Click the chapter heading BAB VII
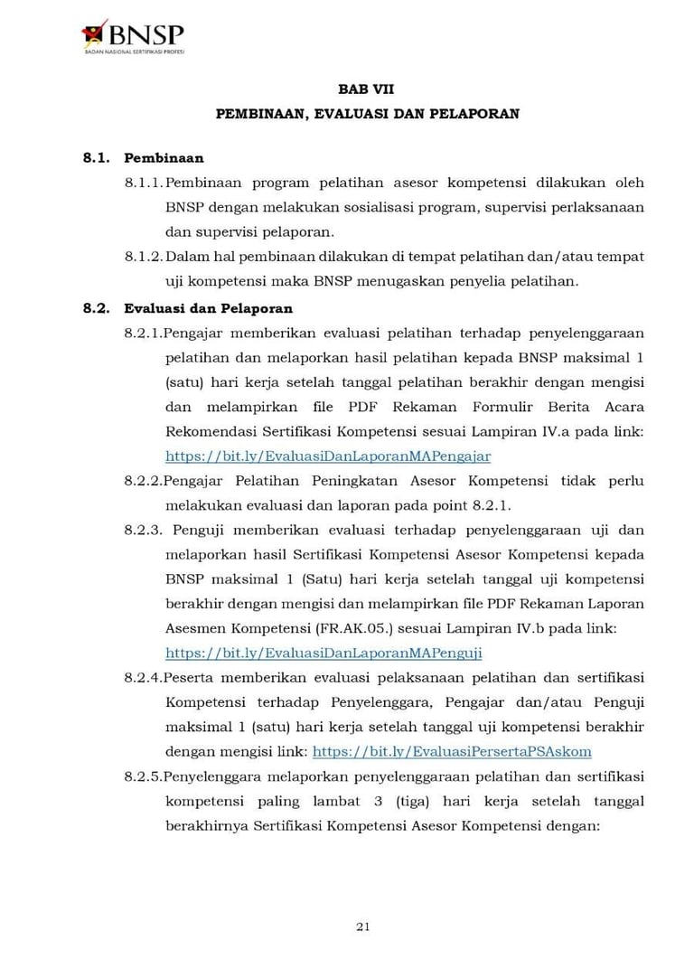[366, 89]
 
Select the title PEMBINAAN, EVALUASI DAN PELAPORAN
[367, 115]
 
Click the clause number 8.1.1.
[144, 183]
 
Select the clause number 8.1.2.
[144, 257]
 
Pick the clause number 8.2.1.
[144, 334]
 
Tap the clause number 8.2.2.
[144, 481]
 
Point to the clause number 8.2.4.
[144, 677]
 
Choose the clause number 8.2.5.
[144, 776]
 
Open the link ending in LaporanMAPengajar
[328, 456]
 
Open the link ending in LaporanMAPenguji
[324, 653]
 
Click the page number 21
[363, 926]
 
